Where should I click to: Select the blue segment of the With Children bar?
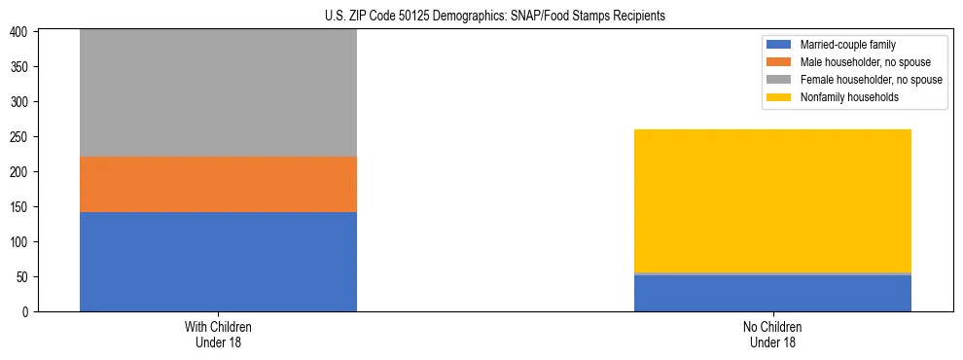(218, 262)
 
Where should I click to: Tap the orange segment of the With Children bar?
(218, 185)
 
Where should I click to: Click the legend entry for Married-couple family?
(847, 45)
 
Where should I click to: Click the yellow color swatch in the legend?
(780, 97)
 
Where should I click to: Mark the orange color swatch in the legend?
(780, 62)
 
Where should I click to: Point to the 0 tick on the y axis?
(27, 311)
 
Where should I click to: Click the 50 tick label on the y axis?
(24, 276)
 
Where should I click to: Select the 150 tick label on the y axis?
(21, 206)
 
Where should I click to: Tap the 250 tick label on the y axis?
(21, 136)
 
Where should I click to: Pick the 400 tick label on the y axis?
(21, 32)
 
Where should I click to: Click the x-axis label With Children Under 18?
(218, 334)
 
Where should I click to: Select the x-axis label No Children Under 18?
(772, 334)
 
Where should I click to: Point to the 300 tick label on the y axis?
(21, 101)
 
